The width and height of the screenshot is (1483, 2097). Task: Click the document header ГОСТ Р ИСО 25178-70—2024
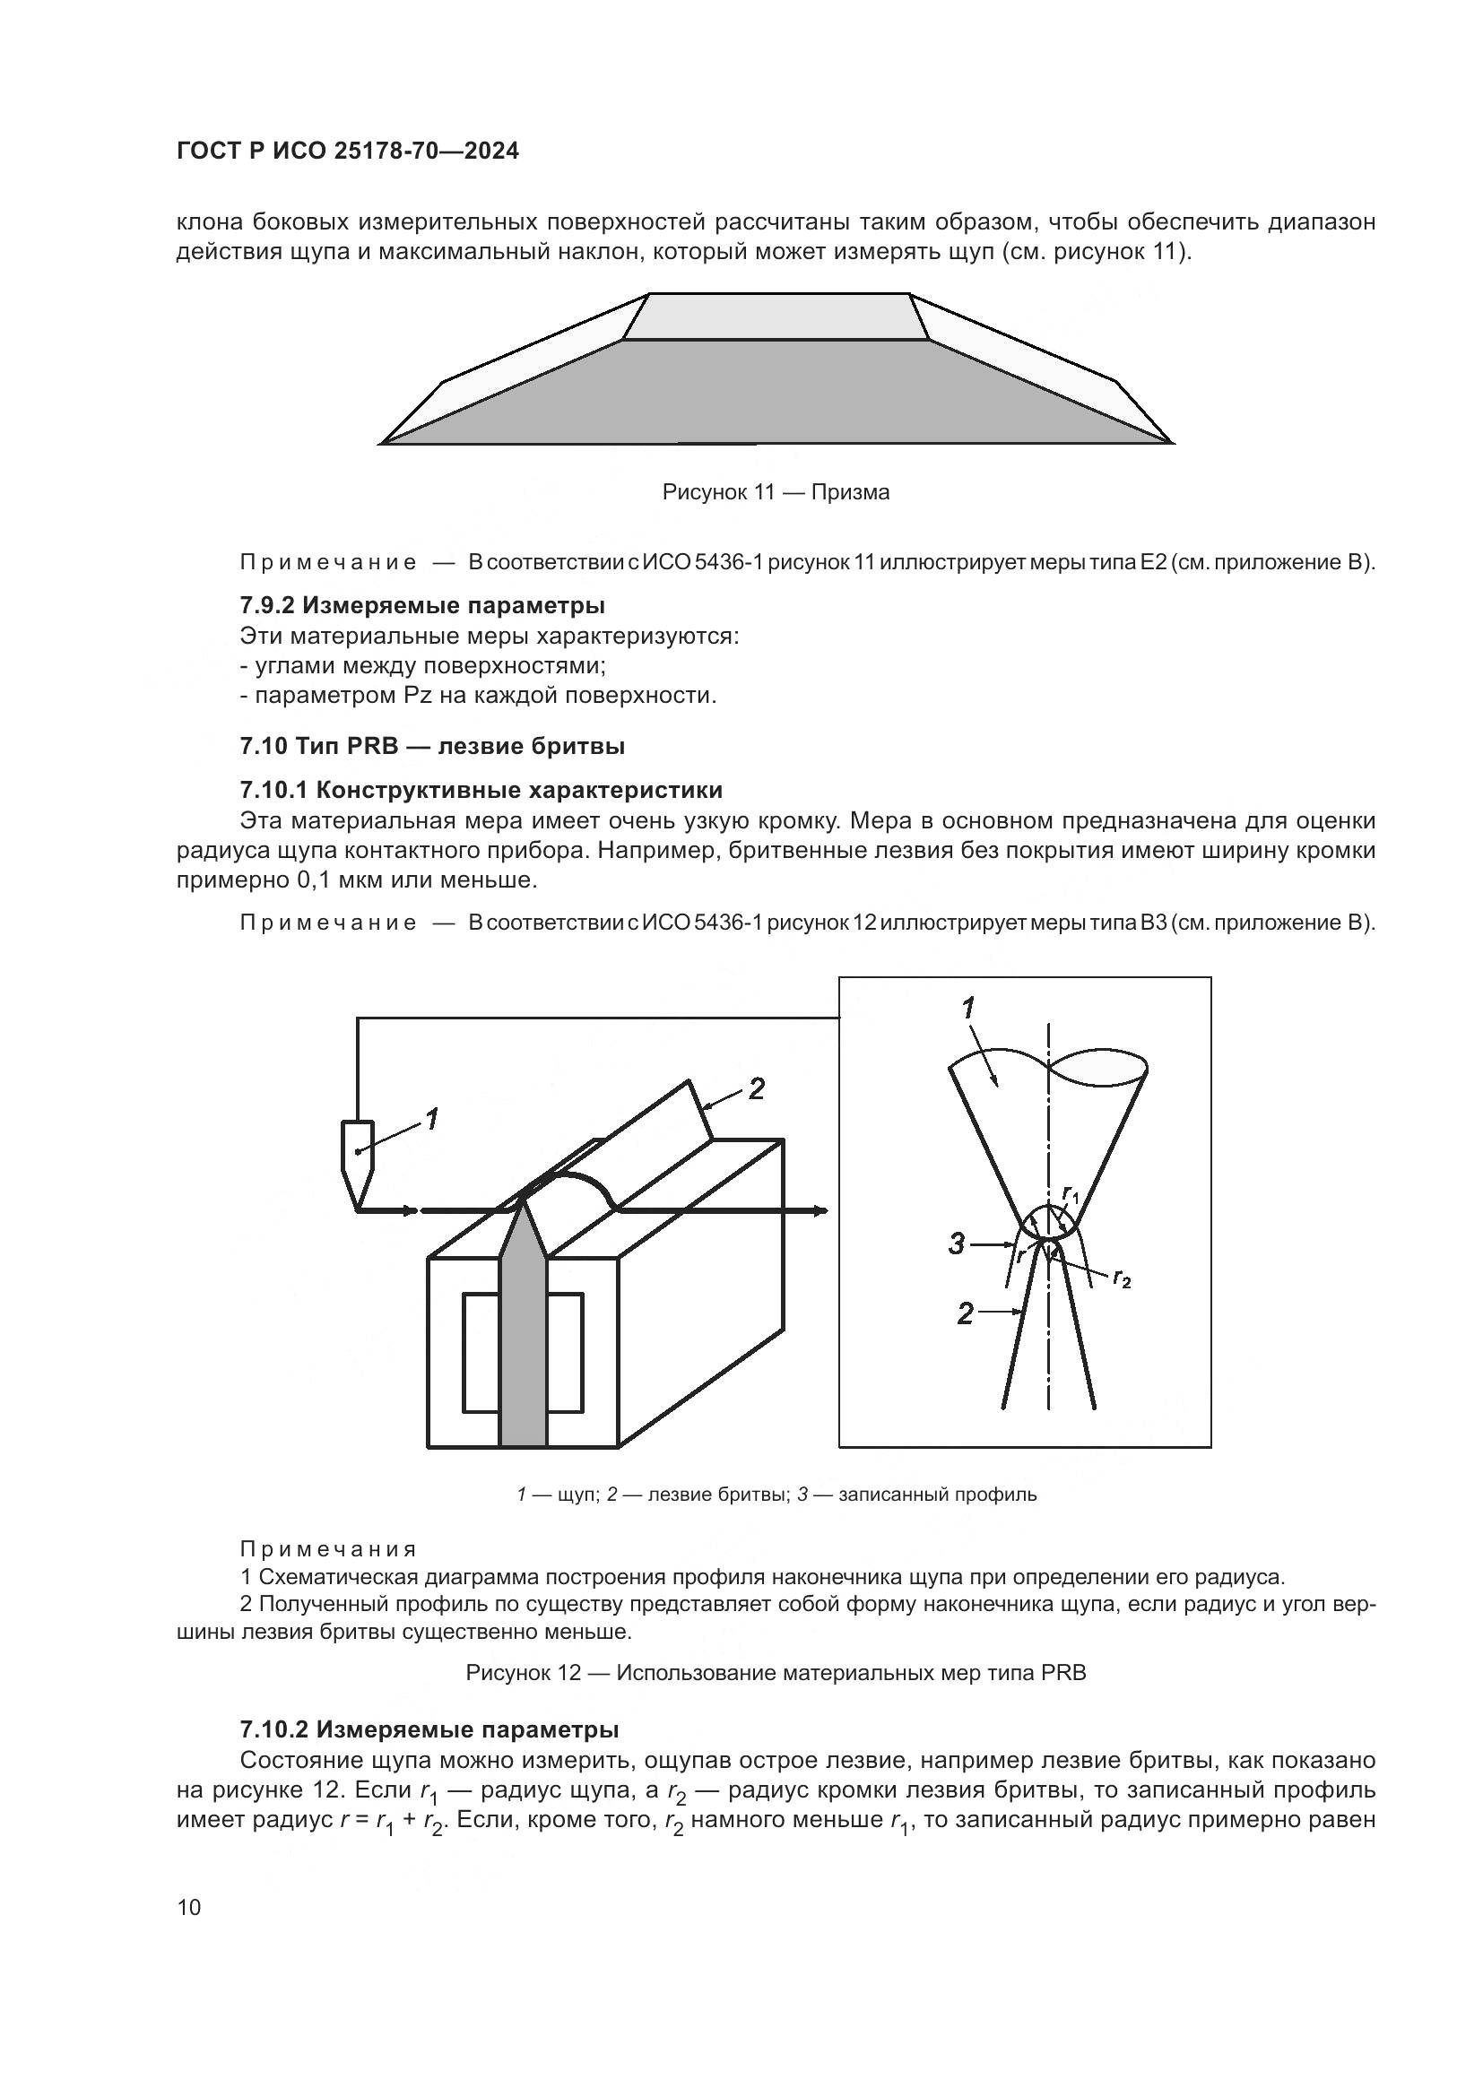(347, 152)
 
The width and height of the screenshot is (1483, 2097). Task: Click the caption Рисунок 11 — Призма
(776, 492)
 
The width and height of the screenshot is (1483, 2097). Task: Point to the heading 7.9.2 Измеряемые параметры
(422, 604)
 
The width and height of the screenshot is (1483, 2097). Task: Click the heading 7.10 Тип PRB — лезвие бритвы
(432, 746)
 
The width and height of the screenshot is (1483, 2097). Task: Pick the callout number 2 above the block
(756, 1088)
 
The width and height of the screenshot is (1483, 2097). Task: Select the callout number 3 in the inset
(956, 1244)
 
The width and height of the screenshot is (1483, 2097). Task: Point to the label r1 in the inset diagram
(1071, 1193)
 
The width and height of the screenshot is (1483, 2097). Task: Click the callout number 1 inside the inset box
(968, 1009)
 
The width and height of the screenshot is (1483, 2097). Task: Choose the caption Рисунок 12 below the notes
(776, 1673)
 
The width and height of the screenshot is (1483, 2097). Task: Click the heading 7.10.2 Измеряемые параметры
(429, 1729)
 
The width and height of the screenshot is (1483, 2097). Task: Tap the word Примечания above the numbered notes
(328, 1549)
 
